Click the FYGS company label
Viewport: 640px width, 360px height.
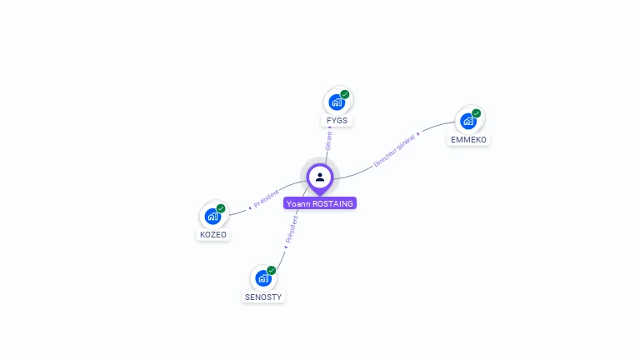point(337,121)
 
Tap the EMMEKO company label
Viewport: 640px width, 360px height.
point(469,140)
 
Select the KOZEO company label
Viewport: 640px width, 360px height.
point(212,234)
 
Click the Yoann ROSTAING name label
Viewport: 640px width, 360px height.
point(320,203)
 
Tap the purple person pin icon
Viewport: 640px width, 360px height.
point(320,177)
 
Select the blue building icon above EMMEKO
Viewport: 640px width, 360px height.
point(468,122)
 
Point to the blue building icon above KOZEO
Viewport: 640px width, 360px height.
point(212,217)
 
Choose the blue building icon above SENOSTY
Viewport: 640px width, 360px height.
point(263,278)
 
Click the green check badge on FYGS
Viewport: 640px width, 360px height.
point(345,94)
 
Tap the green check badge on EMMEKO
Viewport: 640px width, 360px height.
point(477,113)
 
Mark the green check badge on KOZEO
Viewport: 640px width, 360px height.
point(221,208)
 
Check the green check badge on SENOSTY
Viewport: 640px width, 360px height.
point(272,270)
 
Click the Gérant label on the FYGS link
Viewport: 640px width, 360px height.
point(329,140)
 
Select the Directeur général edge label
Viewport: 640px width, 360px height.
point(394,151)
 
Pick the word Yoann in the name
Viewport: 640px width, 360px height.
point(298,203)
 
